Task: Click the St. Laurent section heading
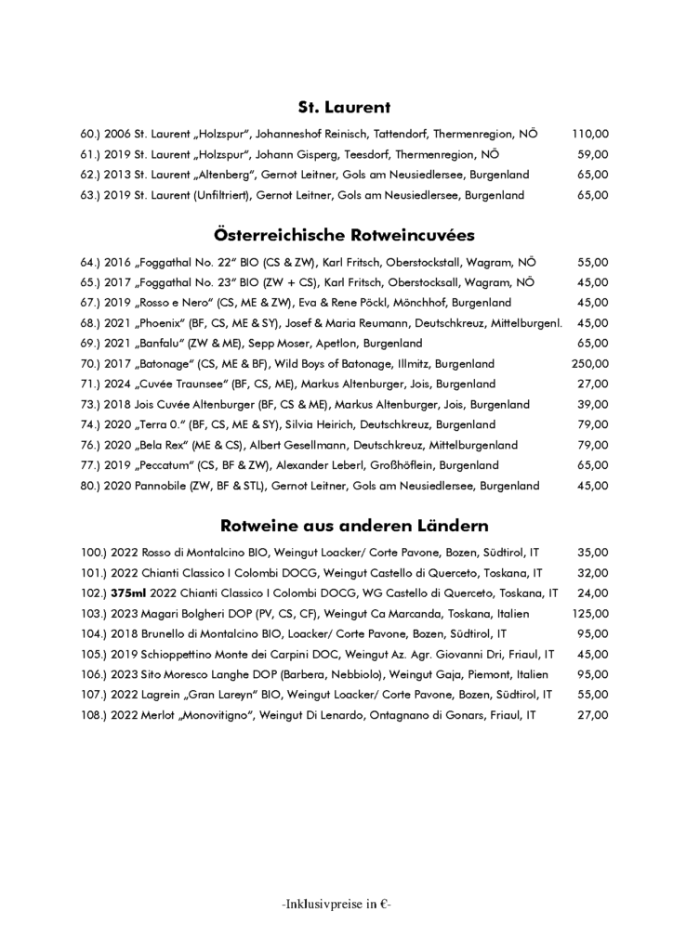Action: (336, 107)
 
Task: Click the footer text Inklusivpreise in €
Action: (336, 902)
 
